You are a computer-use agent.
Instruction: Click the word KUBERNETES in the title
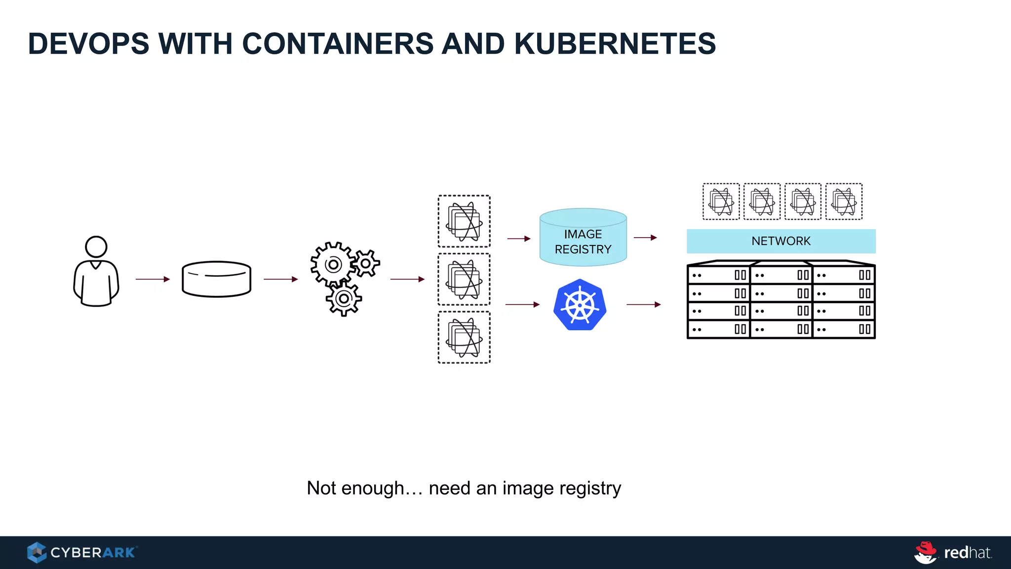coord(615,43)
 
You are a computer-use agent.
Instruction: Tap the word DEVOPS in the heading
coord(89,43)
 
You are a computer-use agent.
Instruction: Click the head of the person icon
coord(96,246)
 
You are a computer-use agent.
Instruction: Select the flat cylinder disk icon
coord(216,279)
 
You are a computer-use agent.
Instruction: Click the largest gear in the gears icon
coord(333,265)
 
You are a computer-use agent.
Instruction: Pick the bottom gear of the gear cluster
coord(344,299)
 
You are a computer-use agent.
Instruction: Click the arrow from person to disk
coord(153,279)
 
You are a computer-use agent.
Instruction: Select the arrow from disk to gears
coord(280,279)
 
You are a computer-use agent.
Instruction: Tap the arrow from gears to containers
coord(407,279)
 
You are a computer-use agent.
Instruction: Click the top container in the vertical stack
coord(464,221)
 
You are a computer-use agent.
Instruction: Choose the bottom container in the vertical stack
coord(464,337)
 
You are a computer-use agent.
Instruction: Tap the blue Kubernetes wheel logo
coord(580,305)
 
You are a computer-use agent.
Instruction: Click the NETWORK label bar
coord(781,241)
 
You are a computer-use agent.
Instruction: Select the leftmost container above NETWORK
coord(721,202)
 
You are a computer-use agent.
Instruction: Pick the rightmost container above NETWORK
coord(844,202)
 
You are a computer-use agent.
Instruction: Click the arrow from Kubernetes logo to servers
coord(643,304)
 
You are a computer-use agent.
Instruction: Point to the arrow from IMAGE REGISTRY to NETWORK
coord(645,238)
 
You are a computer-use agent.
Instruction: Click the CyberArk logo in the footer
coord(82,552)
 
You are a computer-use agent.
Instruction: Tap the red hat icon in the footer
coord(926,552)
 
